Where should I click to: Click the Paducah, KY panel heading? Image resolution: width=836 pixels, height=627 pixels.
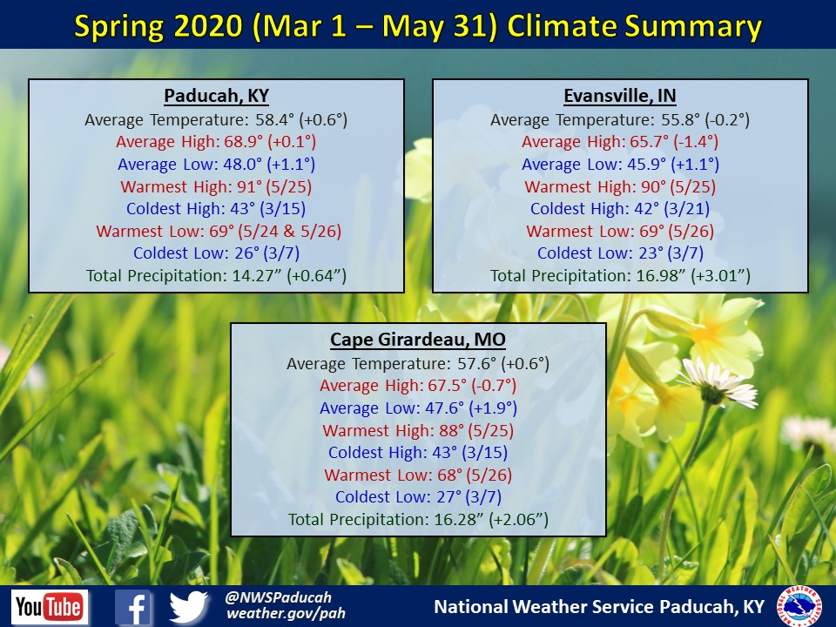[x=216, y=97]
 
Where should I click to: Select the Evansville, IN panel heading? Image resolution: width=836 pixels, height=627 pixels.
[x=620, y=97]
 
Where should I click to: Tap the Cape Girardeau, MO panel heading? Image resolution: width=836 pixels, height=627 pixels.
[x=418, y=340]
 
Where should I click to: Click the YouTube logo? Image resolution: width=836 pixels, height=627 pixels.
[x=50, y=607]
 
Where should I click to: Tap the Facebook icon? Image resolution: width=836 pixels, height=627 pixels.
[x=134, y=607]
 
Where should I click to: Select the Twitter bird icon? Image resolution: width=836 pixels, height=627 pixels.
[x=189, y=607]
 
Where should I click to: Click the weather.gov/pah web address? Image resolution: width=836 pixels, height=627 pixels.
[x=286, y=614]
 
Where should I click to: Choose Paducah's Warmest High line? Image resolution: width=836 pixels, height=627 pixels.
[x=216, y=186]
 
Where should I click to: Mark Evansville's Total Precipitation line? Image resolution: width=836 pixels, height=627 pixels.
[x=620, y=276]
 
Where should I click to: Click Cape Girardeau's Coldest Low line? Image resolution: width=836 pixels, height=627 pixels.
[x=418, y=498]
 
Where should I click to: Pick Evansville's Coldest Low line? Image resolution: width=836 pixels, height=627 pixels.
[x=620, y=253]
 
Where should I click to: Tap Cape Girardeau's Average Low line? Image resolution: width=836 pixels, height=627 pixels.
[x=418, y=408]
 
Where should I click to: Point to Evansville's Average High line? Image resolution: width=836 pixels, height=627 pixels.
[x=620, y=142]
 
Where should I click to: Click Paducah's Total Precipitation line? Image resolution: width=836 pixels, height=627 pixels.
[x=216, y=276]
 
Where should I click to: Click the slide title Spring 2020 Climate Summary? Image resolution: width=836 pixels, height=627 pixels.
[x=418, y=27]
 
